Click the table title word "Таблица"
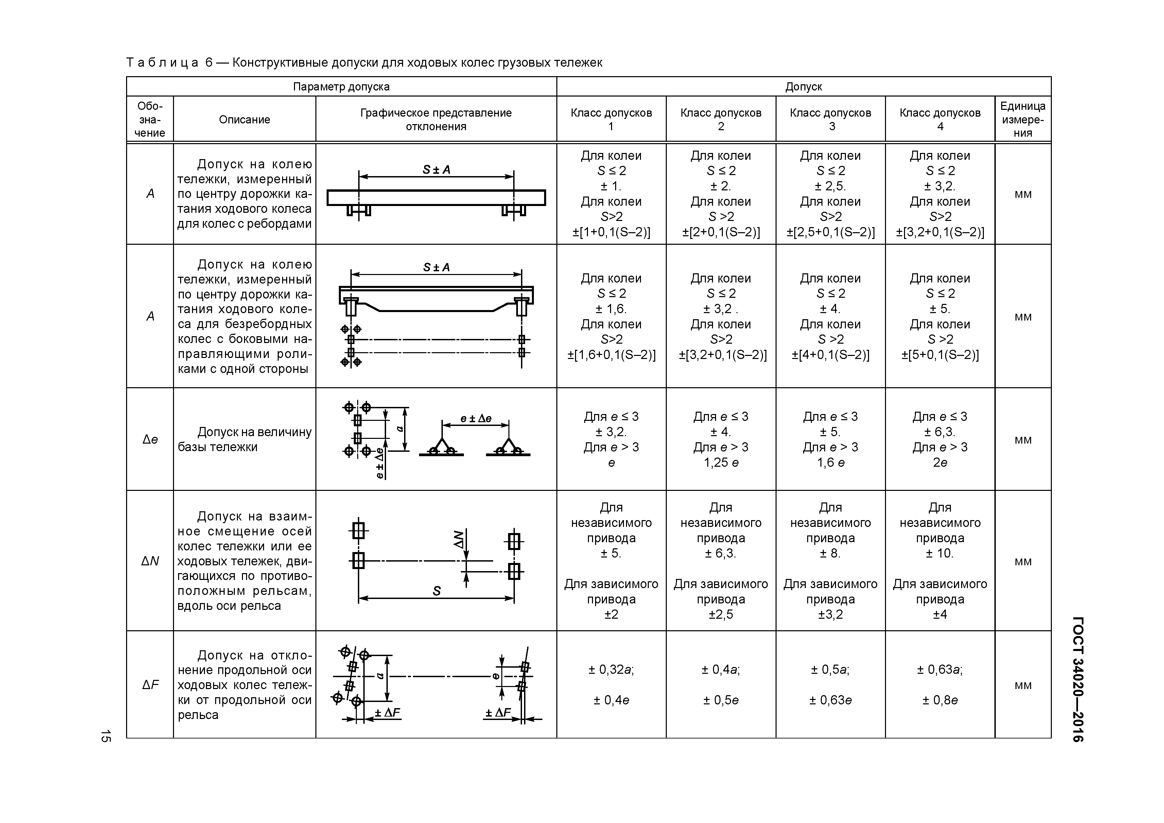pyautogui.click(x=162, y=63)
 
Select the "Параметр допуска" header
pyautogui.click(x=341, y=87)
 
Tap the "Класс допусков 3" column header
pyautogui.click(x=830, y=119)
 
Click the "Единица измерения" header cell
pyautogui.click(x=1023, y=120)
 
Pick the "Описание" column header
pyautogui.click(x=244, y=120)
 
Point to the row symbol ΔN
pyautogui.click(x=150, y=561)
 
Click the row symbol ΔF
pyautogui.click(x=150, y=685)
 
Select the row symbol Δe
pyautogui.click(x=150, y=440)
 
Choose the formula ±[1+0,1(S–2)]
pyautogui.click(x=611, y=232)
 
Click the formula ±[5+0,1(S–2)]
pyautogui.click(x=940, y=355)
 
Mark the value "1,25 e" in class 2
pyautogui.click(x=721, y=462)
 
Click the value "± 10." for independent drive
pyautogui.click(x=940, y=553)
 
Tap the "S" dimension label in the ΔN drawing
pyautogui.click(x=436, y=591)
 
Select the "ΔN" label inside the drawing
pyautogui.click(x=458, y=539)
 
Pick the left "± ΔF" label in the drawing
pyautogui.click(x=387, y=713)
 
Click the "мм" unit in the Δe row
pyautogui.click(x=1023, y=440)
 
